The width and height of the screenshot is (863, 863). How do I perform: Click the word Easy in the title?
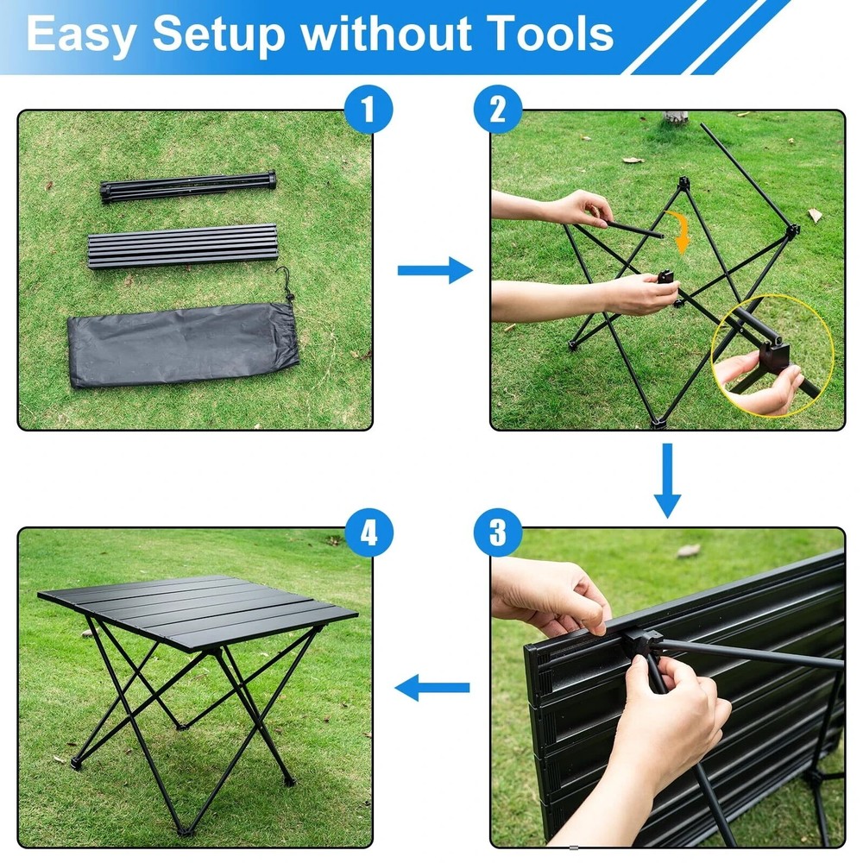click(81, 35)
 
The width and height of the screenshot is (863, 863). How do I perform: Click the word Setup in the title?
click(218, 35)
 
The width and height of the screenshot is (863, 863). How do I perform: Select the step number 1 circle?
click(369, 111)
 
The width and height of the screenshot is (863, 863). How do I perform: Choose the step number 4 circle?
click(369, 532)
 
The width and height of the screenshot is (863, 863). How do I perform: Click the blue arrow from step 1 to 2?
click(434, 271)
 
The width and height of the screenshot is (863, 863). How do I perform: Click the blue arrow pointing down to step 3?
click(667, 480)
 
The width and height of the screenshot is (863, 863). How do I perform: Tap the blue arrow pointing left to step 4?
click(432, 688)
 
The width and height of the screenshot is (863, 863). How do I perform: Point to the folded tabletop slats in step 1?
click(181, 246)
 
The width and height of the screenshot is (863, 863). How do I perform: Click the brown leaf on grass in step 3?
click(688, 551)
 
